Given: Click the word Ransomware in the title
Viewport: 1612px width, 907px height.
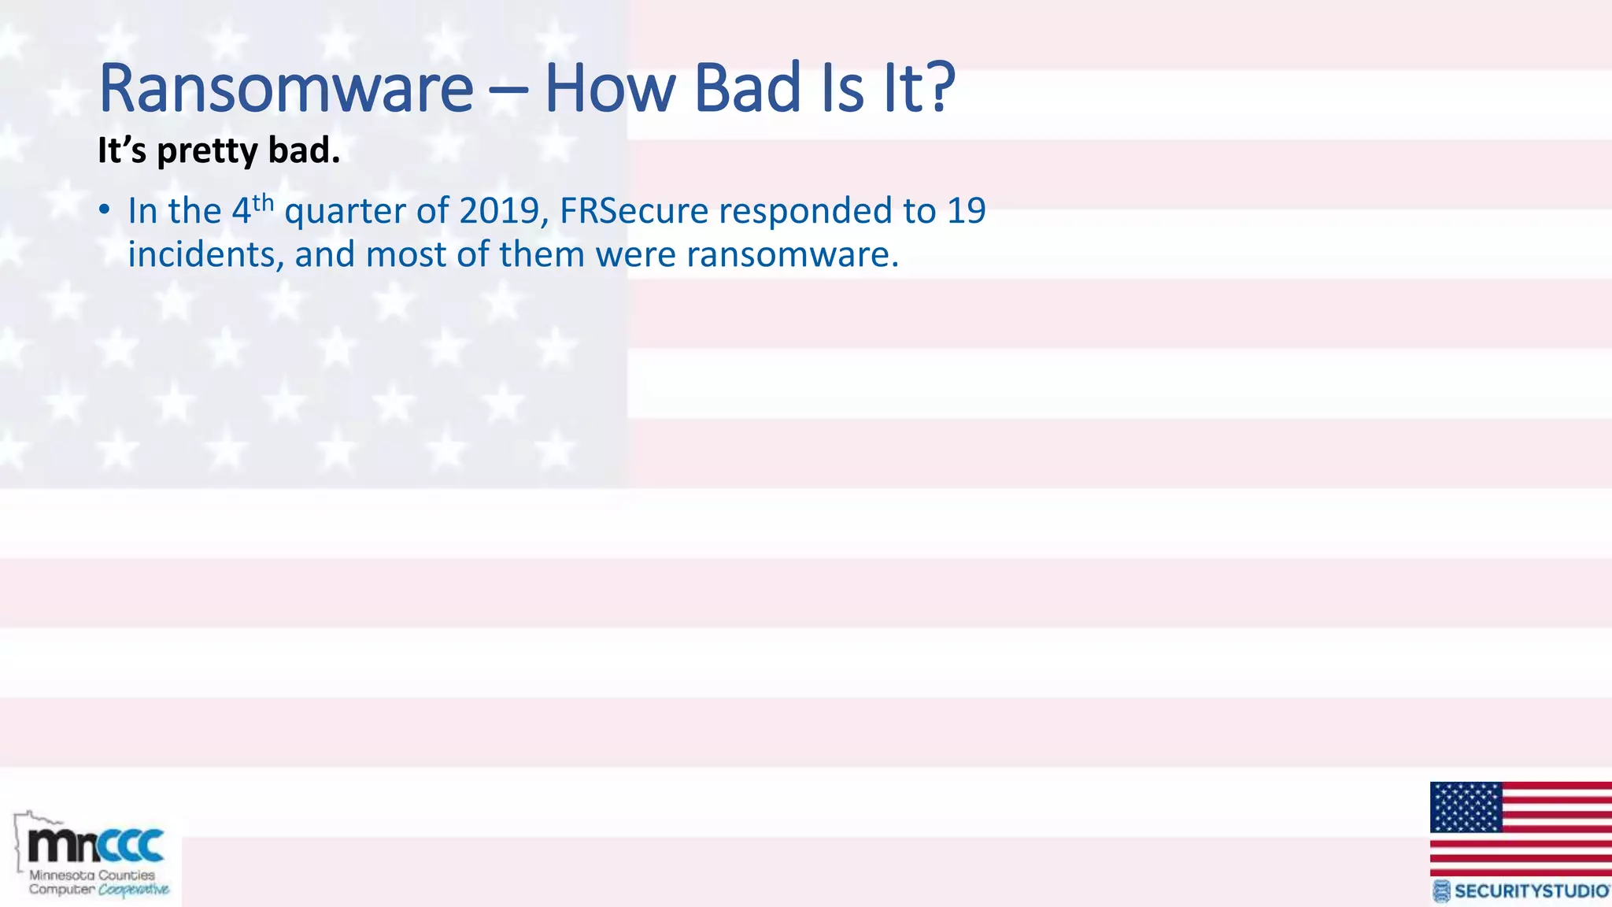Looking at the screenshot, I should (286, 88).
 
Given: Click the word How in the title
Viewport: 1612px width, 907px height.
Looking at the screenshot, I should (609, 88).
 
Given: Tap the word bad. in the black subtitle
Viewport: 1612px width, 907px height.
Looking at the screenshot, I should (304, 150).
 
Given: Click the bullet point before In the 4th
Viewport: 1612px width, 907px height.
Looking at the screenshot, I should (104, 211).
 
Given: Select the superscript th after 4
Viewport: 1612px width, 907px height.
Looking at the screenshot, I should (263, 202).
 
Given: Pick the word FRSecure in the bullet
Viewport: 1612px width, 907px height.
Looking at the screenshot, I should (634, 211).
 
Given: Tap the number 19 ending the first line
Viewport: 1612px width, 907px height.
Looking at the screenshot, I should (966, 211).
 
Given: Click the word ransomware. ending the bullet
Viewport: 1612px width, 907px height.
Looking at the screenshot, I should (792, 255).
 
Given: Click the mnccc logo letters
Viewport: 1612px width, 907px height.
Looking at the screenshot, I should (96, 846).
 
